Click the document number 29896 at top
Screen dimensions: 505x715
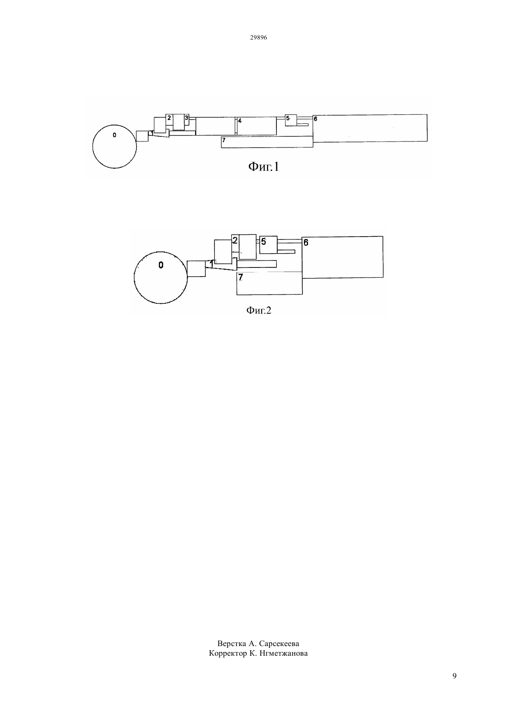coord(258,38)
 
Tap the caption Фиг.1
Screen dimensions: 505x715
coord(264,166)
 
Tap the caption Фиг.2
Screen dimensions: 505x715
coord(258,310)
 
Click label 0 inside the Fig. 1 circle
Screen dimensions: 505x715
coord(114,135)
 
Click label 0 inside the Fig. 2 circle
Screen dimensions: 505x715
coord(161,265)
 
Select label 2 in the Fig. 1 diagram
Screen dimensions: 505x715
coord(169,118)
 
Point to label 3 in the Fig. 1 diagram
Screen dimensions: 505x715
coord(187,118)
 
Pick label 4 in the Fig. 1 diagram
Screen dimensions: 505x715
coord(240,121)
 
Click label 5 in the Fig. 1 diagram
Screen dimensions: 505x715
coord(287,118)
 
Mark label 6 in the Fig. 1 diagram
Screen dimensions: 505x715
coord(315,119)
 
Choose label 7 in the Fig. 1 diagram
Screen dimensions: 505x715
coord(224,140)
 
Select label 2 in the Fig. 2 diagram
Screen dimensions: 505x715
coord(235,240)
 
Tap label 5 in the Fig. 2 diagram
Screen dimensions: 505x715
coord(264,242)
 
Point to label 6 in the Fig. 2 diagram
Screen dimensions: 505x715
coord(306,243)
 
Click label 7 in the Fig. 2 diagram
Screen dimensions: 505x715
coord(241,277)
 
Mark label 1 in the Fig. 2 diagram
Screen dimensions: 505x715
coord(211,264)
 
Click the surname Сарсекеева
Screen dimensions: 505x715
coord(279,643)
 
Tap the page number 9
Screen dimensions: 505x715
coord(454,676)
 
